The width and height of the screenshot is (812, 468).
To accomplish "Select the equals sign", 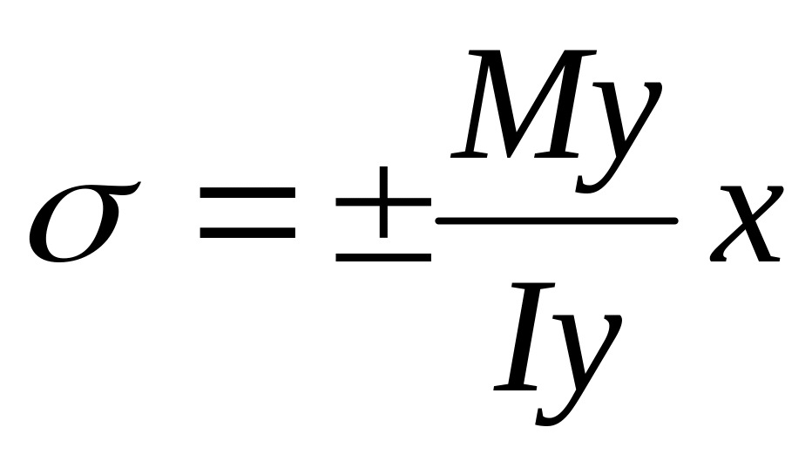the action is [x=247, y=213].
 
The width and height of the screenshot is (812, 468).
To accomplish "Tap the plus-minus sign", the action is [x=383, y=214].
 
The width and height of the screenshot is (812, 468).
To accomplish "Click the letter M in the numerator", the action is [x=523, y=104].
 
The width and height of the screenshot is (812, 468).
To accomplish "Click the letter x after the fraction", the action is [x=747, y=224].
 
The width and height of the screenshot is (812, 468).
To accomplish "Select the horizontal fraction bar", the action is [x=557, y=221].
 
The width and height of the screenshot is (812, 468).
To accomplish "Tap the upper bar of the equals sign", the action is [x=247, y=193].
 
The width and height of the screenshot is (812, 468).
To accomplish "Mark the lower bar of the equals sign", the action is [x=247, y=232].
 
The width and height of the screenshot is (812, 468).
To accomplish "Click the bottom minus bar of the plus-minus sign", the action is [x=383, y=257].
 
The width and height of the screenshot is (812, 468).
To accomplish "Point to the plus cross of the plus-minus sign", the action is [x=383, y=202].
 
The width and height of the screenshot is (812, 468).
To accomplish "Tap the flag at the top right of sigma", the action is [x=127, y=187].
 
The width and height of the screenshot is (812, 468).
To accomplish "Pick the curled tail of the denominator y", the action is [x=550, y=417].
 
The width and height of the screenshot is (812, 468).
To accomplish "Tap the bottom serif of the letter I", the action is [x=515, y=387].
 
